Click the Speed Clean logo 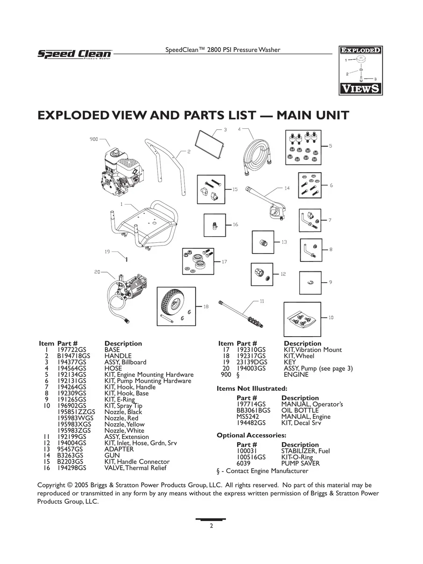75,54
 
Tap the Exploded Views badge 360,70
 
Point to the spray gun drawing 267,203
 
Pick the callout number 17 225,261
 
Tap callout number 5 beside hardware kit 331,146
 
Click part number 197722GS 71,350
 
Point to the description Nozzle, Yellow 124,424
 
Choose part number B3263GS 70,455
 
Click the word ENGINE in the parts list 296,374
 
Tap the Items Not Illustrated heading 252,388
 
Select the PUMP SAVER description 301,463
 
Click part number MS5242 247,416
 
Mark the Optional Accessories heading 252,435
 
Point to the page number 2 211,526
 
